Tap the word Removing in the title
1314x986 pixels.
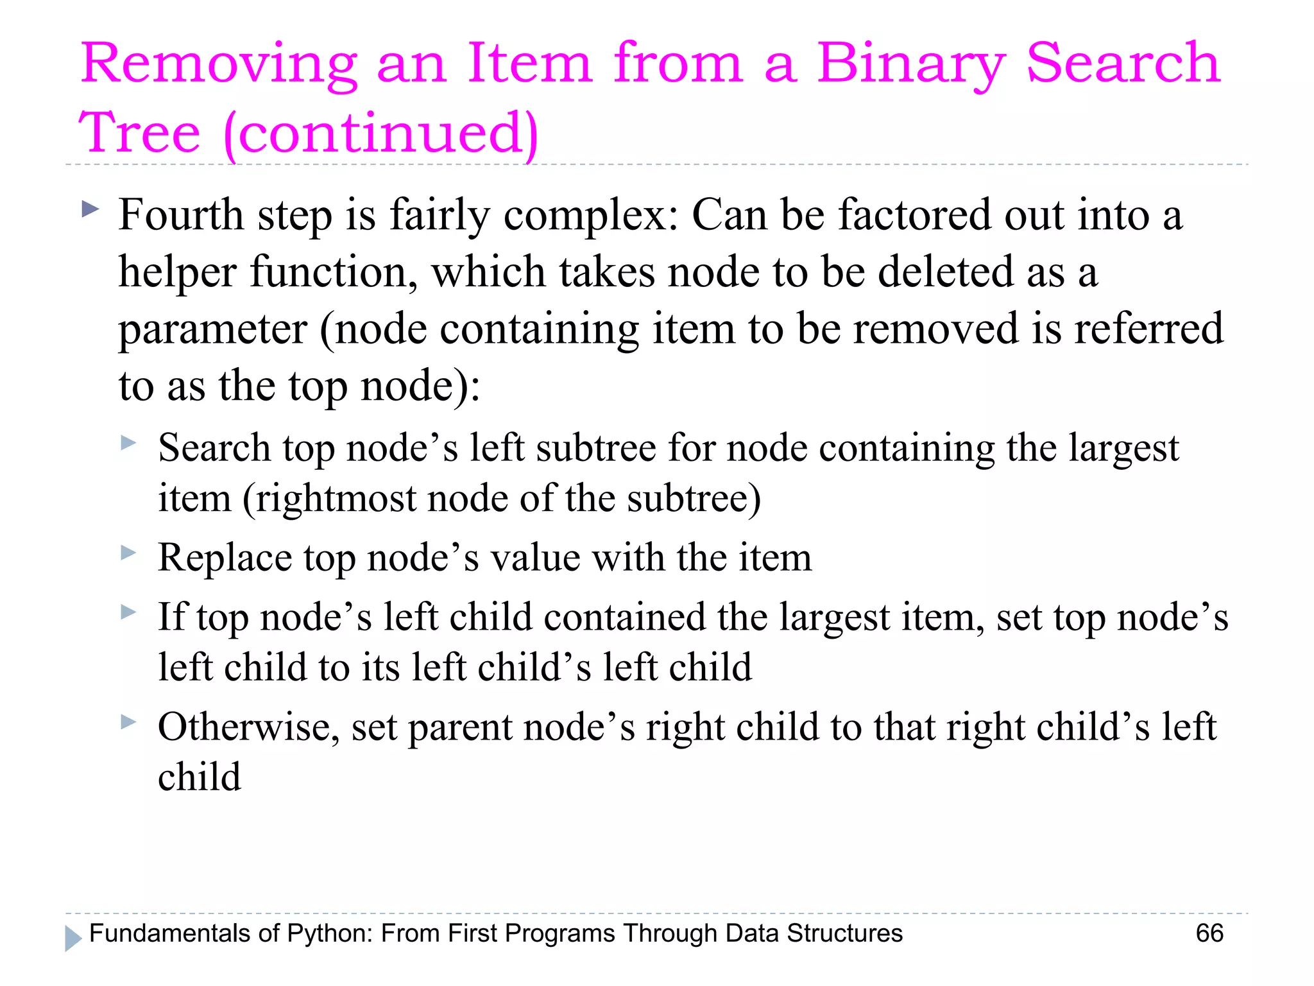click(x=218, y=64)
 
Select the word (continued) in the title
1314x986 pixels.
click(x=381, y=133)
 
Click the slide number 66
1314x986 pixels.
click(x=1209, y=933)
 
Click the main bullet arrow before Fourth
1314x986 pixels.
click(x=90, y=209)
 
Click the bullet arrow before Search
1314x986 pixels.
click(x=128, y=442)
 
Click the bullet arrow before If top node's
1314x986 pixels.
click(x=128, y=612)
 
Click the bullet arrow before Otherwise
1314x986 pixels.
click(x=128, y=722)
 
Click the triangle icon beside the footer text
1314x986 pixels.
click(x=73, y=938)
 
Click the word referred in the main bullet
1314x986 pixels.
click(x=1148, y=329)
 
